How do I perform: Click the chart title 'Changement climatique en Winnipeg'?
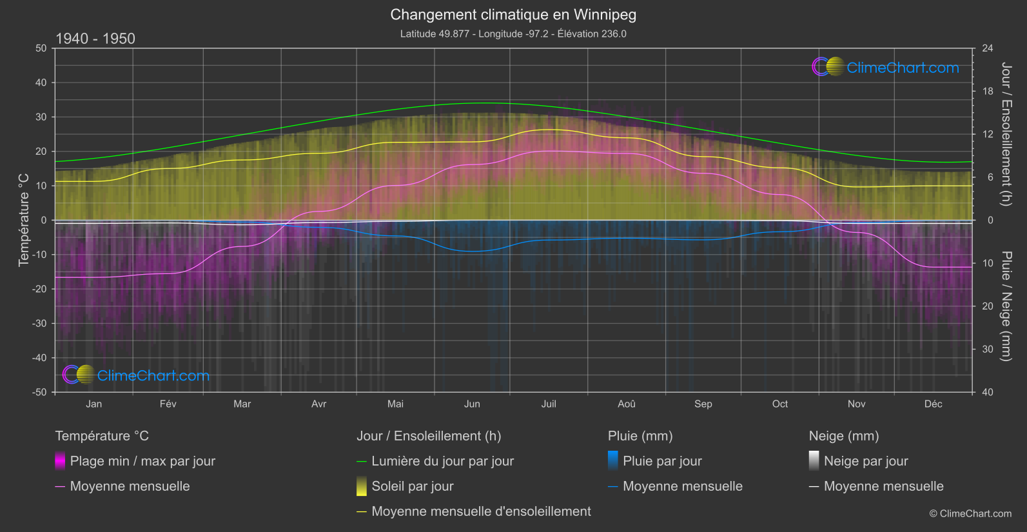[x=513, y=14]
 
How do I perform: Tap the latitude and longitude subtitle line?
[x=513, y=34]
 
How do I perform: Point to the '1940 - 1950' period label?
[x=95, y=39]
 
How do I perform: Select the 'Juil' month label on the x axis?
[x=549, y=404]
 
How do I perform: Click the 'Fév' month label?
[x=168, y=404]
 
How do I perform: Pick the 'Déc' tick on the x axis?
[x=933, y=404]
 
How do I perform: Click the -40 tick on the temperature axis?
[x=40, y=358]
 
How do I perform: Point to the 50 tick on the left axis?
[x=41, y=48]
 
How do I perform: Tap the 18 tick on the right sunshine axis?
[x=988, y=92]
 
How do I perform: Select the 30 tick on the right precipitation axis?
[x=988, y=350]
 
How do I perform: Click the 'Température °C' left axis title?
[x=24, y=220]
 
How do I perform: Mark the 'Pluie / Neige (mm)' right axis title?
[x=1006, y=306]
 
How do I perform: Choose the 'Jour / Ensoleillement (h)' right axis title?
[x=1006, y=134]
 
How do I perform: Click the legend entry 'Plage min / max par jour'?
[x=142, y=461]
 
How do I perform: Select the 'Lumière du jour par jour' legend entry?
[x=442, y=461]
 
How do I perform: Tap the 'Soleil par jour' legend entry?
[x=413, y=486]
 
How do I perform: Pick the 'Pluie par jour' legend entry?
[x=662, y=461]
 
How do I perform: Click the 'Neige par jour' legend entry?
[x=866, y=461]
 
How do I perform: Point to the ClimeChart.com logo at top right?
[x=886, y=67]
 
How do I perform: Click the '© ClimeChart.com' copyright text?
[x=970, y=514]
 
